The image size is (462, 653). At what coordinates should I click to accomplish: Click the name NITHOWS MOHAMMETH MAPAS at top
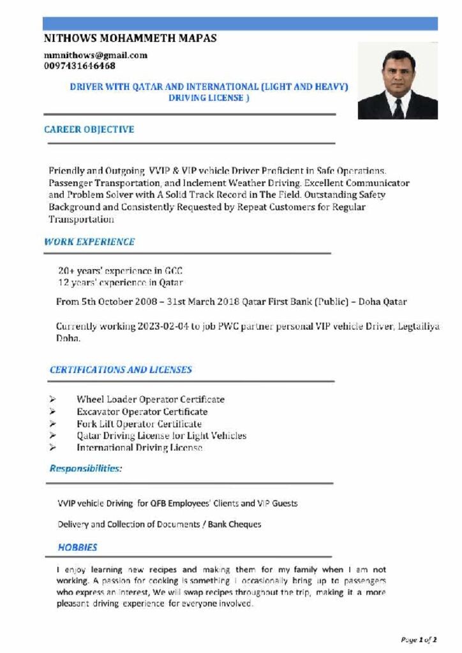pos(130,38)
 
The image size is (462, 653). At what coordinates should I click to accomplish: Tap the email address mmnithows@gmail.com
pos(96,55)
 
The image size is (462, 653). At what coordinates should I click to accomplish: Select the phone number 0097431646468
pos(80,66)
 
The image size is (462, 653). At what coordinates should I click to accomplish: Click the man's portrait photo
pos(398,81)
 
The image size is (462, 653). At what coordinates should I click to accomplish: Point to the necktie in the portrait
pos(398,108)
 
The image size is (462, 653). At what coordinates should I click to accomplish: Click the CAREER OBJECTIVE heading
pos(89,129)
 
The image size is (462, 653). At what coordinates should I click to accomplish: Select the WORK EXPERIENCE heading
pos(89,242)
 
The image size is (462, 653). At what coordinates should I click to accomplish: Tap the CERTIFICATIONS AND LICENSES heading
pos(121,369)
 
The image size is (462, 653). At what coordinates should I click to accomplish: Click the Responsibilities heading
pos(86,469)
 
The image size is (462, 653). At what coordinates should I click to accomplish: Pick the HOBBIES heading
pos(77,547)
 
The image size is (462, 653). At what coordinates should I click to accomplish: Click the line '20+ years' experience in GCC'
pos(121,270)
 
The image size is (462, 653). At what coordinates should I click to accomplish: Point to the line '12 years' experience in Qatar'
pos(121,282)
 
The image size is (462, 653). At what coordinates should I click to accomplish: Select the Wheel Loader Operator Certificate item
pos(151,399)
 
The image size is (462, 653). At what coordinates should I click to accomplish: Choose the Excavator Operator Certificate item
pos(142,411)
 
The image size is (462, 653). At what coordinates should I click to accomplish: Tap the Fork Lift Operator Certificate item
pos(139,423)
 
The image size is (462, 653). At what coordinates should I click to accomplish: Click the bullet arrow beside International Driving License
pos(53,448)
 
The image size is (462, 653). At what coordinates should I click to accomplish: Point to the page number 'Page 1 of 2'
pos(419,638)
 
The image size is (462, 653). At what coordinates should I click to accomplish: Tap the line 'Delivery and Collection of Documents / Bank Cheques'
pos(159,524)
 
